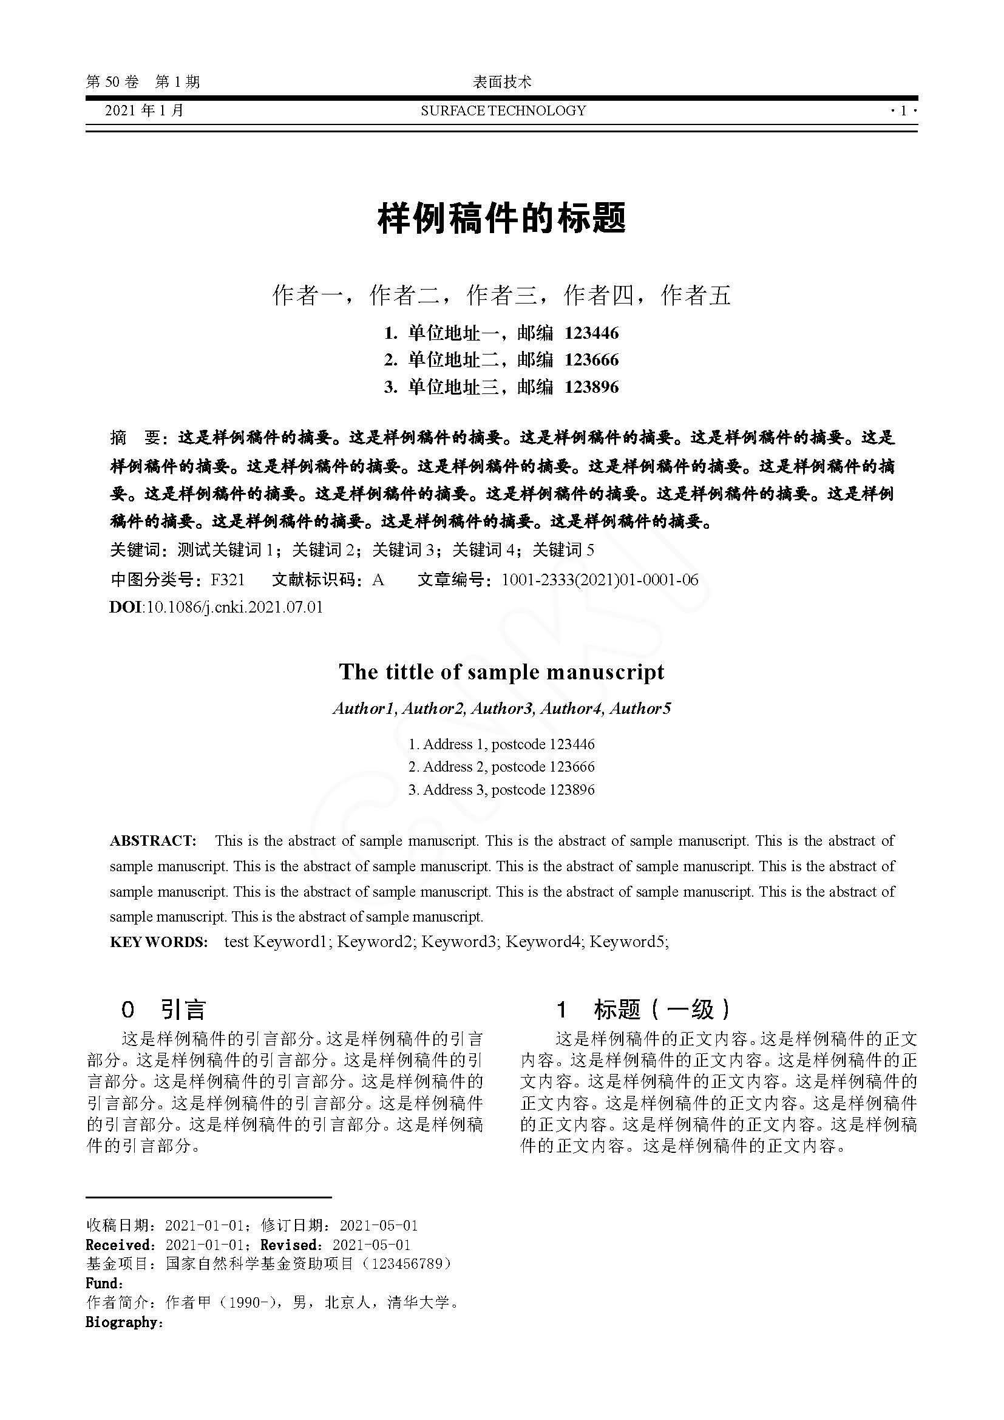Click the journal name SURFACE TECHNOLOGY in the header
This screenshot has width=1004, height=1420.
(503, 110)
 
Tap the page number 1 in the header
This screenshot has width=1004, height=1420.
(903, 110)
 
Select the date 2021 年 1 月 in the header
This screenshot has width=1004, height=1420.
(144, 110)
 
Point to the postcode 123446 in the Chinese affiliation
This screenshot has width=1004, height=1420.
(591, 333)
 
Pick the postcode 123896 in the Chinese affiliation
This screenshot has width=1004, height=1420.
(591, 387)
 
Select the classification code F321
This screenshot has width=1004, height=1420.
(228, 580)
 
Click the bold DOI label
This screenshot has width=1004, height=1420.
(126, 606)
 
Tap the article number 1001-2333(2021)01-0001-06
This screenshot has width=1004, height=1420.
(600, 580)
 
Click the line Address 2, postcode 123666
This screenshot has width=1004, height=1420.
(501, 767)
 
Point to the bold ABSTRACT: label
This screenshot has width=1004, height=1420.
(153, 840)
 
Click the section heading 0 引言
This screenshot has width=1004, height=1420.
(163, 1010)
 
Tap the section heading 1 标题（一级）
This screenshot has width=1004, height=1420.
(643, 1010)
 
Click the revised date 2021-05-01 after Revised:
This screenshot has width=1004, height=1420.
(371, 1245)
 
